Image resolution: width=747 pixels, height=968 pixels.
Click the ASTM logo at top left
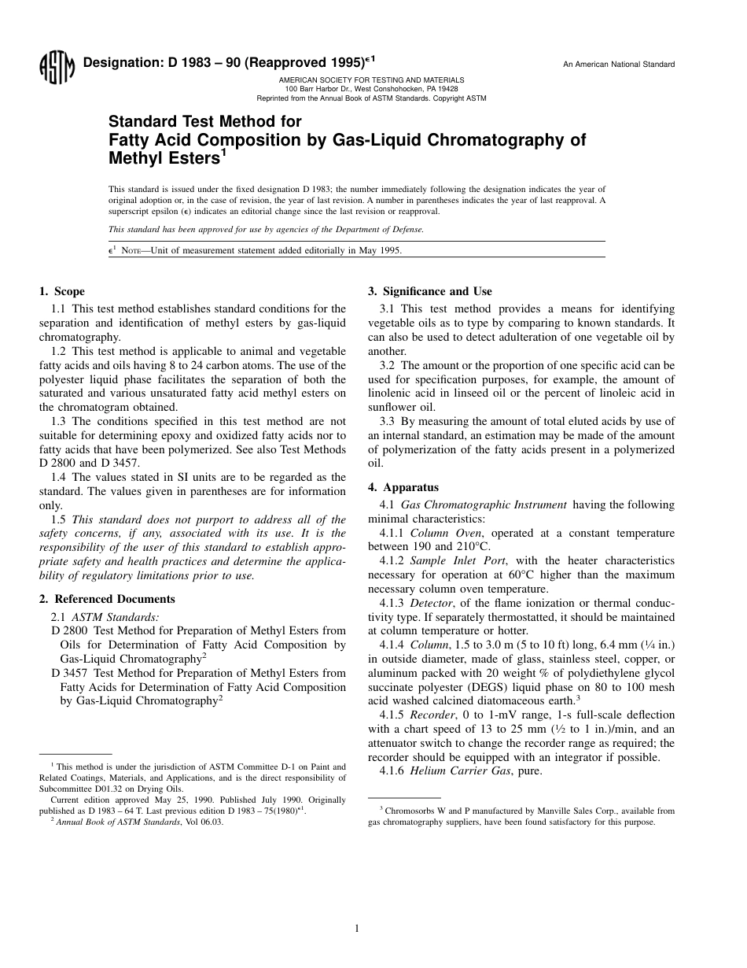pos(56,69)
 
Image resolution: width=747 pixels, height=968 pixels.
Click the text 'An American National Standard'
pos(619,65)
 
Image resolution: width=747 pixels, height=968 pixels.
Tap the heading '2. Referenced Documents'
pos(107,599)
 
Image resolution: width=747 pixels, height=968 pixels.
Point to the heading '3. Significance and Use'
pos(430,291)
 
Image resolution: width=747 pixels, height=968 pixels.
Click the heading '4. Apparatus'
pos(403,487)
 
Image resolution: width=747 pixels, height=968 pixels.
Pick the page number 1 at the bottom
pos(357,929)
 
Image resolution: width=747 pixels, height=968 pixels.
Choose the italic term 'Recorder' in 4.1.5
pos(432,715)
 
